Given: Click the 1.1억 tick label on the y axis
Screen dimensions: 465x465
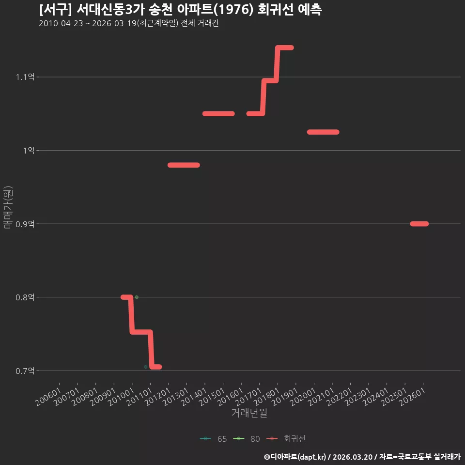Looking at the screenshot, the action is [25, 77].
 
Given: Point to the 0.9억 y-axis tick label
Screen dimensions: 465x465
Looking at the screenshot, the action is [25, 224].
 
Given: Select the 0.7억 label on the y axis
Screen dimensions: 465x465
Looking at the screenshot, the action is [25, 371].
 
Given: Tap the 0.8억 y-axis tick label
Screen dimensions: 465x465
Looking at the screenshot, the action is [25, 297].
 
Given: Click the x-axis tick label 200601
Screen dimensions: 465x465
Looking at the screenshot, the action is [48, 397].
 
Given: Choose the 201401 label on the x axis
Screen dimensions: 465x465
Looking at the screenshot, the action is [194, 397].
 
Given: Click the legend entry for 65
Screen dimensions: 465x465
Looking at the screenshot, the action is [213, 439].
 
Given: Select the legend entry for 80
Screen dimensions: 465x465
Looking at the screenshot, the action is [247, 439].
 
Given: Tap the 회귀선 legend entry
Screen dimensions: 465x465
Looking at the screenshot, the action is [286, 439].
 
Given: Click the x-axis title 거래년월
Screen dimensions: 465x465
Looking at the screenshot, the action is [249, 413].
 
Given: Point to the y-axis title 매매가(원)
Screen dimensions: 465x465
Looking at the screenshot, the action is [8, 207].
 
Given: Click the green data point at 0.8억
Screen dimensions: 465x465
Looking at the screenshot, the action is [137, 297].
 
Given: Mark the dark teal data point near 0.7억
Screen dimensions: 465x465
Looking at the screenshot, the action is [146, 367].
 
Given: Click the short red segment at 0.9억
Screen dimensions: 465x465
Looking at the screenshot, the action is [419, 224].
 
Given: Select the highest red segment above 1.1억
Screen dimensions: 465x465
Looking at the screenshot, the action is [285, 48].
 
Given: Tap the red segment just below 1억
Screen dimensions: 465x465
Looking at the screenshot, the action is [184, 165].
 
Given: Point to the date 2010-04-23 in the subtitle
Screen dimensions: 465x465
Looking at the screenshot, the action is [61, 23].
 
